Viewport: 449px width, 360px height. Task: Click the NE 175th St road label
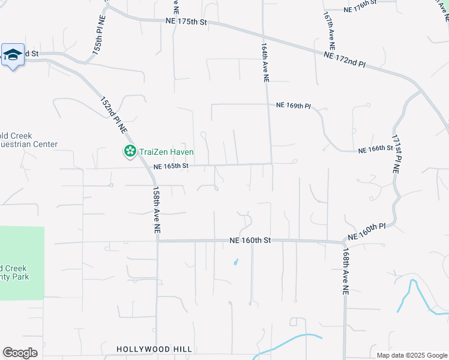[186, 22]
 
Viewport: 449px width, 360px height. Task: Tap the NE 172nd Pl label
[344, 59]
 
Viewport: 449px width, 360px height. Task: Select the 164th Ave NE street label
[265, 62]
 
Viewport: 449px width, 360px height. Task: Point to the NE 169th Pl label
[293, 106]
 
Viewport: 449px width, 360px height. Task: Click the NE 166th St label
[375, 149]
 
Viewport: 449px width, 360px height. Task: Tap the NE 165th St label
[171, 166]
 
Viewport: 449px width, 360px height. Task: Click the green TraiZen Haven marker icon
[129, 152]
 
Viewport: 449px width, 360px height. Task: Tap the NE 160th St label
[250, 240]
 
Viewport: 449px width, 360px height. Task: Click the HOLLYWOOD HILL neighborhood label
[154, 349]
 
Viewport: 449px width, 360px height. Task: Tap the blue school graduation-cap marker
[13, 55]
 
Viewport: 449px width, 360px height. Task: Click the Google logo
[20, 353]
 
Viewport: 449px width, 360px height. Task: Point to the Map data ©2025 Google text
[411, 355]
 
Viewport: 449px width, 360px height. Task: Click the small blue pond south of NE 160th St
[235, 262]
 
